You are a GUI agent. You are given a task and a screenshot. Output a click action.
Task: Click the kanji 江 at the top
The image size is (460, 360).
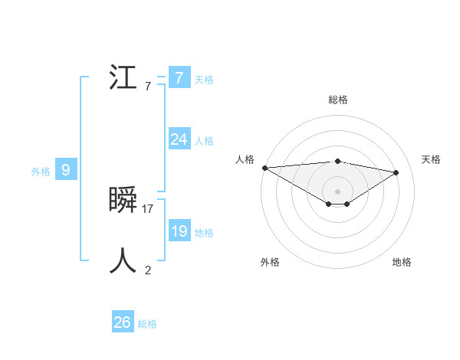click(x=123, y=78)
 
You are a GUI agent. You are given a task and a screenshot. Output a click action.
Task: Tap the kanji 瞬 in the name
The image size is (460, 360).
click(x=123, y=201)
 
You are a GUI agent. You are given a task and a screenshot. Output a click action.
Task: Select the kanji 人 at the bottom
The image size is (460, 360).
click(x=123, y=261)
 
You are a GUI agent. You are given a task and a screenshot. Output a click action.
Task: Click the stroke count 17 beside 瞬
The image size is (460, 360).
click(x=148, y=208)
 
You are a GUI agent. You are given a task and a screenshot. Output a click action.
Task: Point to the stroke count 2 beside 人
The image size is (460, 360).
click(x=148, y=270)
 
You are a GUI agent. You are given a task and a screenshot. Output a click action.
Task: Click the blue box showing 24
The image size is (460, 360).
click(x=179, y=139)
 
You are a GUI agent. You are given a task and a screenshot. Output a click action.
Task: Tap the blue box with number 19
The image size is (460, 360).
click(x=179, y=231)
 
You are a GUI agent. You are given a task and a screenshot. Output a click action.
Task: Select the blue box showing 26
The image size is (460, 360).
click(x=122, y=322)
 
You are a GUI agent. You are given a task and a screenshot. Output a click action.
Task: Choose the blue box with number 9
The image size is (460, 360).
click(x=66, y=170)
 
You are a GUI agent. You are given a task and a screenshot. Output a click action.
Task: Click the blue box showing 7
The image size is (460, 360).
click(x=179, y=77)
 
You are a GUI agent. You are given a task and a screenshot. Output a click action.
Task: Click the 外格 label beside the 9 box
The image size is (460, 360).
click(x=41, y=172)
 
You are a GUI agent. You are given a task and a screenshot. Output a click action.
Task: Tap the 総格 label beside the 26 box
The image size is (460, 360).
click(x=147, y=324)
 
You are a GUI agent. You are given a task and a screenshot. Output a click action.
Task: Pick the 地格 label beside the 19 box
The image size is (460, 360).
click(x=204, y=233)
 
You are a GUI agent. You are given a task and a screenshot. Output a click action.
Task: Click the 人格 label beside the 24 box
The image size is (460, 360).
click(x=204, y=141)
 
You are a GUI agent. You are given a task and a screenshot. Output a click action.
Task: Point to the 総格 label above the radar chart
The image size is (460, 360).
click(x=337, y=100)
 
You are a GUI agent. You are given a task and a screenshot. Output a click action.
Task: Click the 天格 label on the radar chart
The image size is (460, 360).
click(x=432, y=159)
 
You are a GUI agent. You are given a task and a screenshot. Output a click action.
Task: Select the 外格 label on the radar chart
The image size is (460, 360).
click(x=270, y=262)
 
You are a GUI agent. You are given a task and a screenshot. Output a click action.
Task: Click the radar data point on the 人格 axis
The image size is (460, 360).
click(x=264, y=167)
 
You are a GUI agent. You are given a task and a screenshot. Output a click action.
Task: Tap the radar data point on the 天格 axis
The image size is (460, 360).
click(x=396, y=172)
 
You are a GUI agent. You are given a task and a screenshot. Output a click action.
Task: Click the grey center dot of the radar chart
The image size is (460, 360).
click(x=337, y=191)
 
